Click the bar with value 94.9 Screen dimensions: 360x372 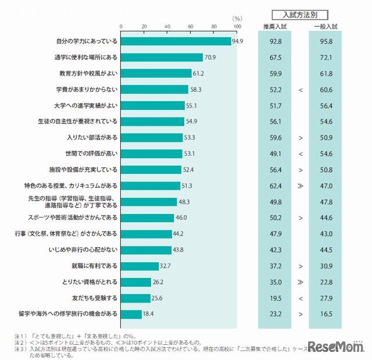[x=176, y=41]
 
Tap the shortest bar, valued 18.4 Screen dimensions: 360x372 [x=131, y=314]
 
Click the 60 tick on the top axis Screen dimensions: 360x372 [x=191, y=27]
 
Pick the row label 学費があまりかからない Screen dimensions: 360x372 [x=87, y=90]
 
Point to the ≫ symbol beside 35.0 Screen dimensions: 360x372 [x=300, y=281]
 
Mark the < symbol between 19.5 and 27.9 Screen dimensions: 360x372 [x=300, y=298]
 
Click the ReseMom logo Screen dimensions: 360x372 [x=338, y=347]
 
